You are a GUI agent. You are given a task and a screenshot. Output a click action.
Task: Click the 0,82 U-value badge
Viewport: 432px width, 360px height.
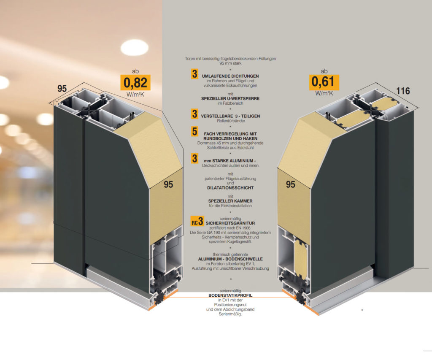pos(135,82)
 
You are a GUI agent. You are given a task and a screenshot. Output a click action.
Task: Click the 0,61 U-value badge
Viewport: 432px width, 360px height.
pos(324,82)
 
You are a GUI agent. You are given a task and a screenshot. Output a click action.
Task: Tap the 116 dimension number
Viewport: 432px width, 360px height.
pos(403,91)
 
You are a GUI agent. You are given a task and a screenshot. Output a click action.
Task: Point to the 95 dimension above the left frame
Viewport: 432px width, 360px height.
pos(62,89)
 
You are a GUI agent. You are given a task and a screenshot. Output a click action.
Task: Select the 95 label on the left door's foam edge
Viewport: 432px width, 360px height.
pos(168,184)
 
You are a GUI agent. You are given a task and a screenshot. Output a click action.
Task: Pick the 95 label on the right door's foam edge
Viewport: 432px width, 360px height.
pos(290,184)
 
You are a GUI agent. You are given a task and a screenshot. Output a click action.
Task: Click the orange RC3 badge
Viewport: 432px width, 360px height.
pos(197,221)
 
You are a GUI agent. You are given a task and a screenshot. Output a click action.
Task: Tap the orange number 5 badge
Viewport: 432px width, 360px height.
pos(195,132)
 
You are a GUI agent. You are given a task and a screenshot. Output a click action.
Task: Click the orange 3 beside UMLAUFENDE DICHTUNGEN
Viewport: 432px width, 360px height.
pos(195,74)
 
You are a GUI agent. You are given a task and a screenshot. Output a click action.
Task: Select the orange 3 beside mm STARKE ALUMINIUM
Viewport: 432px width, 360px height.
pos(195,159)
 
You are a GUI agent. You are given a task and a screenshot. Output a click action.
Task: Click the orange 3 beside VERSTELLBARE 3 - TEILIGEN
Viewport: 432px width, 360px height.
pos(195,114)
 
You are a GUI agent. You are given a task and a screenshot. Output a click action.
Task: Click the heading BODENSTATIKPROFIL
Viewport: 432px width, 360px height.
pos(230,295)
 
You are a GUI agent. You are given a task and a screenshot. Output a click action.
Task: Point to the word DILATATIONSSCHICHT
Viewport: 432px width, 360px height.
pos(230,188)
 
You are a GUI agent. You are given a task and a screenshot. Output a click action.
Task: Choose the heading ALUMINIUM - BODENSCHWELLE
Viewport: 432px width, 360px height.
pos(230,259)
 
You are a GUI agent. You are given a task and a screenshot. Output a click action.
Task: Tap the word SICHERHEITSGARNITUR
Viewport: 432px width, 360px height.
pos(230,223)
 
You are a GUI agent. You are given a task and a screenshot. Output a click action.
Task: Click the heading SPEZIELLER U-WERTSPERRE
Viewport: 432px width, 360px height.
pos(230,98)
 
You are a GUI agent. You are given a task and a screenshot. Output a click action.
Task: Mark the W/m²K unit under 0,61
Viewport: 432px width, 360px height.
pos(324,93)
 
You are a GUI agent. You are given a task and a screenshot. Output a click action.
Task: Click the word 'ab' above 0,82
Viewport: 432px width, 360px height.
pos(135,71)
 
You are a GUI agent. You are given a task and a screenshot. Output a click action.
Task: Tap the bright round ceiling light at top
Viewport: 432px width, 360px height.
pos(135,48)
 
